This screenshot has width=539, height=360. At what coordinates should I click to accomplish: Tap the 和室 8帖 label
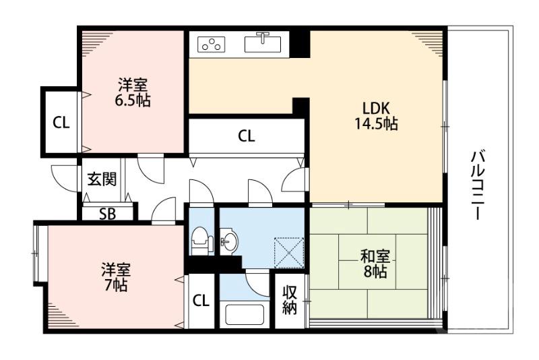pos(372,264)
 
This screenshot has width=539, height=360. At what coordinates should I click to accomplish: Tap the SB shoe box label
pos(107,214)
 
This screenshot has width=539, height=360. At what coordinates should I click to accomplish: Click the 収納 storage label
pos(290,300)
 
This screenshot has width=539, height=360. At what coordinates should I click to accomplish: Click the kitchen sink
pos(265,43)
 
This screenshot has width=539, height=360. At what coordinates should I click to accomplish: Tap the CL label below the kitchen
pos(246,136)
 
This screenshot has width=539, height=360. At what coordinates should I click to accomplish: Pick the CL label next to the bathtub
pos(201,301)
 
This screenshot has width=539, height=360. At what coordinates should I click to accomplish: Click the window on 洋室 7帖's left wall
pos(36,253)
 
